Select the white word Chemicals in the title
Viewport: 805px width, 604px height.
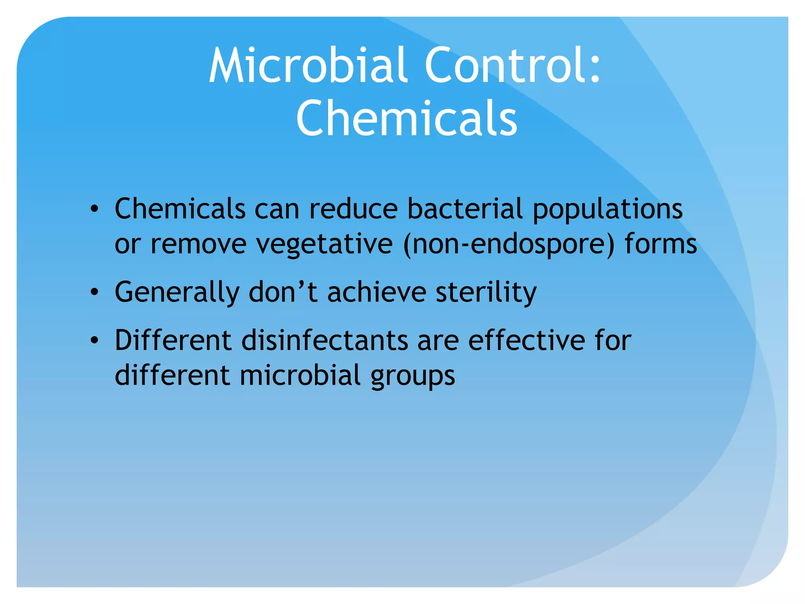point(406,118)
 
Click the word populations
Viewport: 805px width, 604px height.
point(608,210)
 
